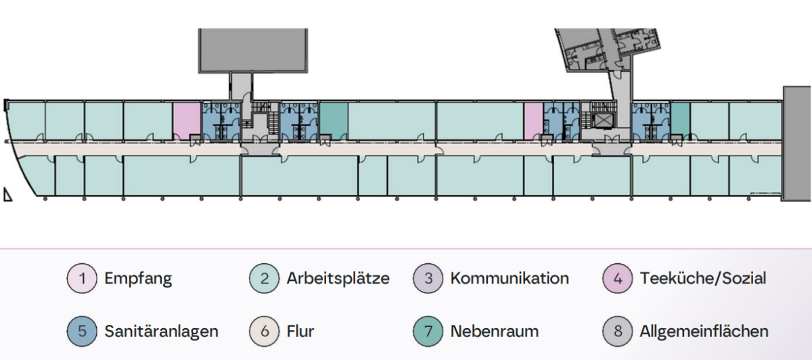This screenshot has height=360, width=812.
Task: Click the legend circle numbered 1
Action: (x=82, y=278)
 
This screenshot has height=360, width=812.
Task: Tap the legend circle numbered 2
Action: (x=265, y=278)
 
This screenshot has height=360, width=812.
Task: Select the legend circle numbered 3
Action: (x=428, y=278)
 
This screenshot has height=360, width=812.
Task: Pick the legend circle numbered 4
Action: (x=618, y=278)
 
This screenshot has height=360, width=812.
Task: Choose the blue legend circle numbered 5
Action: (x=82, y=332)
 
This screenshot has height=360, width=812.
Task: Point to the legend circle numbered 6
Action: (x=265, y=332)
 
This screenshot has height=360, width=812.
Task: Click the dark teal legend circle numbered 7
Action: (x=428, y=332)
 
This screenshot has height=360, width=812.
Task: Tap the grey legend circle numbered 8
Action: (x=618, y=332)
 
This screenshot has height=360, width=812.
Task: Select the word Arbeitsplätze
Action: (x=338, y=279)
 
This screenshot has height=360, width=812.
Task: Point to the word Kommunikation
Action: (x=510, y=278)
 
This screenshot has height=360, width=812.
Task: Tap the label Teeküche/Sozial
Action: (x=703, y=278)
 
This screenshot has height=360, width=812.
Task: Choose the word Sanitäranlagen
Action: (x=161, y=332)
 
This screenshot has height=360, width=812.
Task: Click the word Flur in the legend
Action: (x=300, y=331)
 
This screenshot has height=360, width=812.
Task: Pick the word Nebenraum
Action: (x=495, y=332)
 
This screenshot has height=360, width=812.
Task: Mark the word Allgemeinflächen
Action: (x=704, y=332)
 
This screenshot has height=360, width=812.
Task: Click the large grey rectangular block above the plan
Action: (x=253, y=50)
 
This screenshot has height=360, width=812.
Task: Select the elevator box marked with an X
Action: (x=602, y=121)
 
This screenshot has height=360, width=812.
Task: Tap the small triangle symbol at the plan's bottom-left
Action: (x=7, y=194)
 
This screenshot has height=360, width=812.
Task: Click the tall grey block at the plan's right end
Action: (x=797, y=143)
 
